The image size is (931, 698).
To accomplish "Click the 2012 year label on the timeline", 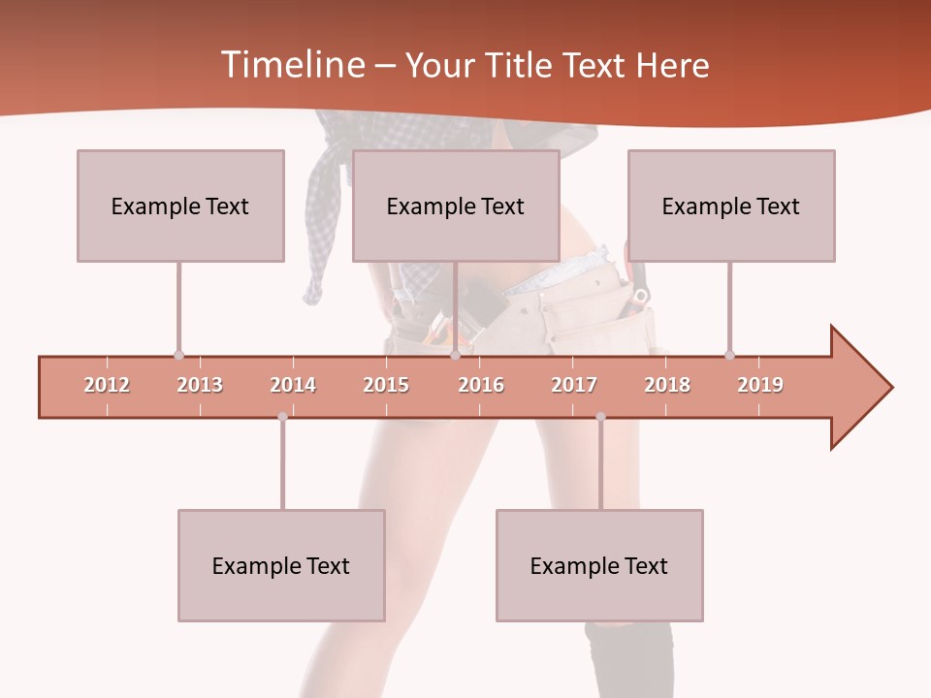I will pos(107,385).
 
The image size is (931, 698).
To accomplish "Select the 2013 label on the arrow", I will pos(200,385).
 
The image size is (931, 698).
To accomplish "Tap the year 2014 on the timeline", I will pos(293,385).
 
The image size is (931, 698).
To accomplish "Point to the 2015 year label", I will pos(386,385).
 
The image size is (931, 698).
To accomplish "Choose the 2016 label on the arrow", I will pos(481,385).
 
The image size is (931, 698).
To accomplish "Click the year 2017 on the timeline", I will pos(574,385).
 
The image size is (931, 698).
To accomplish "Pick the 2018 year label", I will pos(667,385).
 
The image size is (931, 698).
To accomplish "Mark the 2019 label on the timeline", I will pos(760,385).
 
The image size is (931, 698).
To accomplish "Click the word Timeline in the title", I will pos(291,65).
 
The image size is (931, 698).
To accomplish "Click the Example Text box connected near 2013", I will pos(180,206).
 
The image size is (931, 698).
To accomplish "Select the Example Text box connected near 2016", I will pos(456,206).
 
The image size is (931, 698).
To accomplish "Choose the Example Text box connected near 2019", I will pos(731,206).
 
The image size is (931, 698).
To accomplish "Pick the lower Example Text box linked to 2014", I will pos(281,565).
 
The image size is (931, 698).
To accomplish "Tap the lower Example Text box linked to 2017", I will pos(599,565).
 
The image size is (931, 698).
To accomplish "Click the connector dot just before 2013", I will pos(178,355).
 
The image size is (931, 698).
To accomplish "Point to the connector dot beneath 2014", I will pos(282,417).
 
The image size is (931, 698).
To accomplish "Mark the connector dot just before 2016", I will pos(455,355).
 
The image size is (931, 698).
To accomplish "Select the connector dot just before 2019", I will pos(729,355).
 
